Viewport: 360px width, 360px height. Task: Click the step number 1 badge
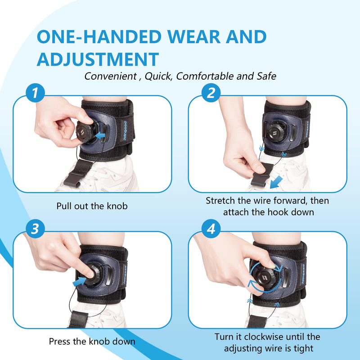click(x=38, y=94)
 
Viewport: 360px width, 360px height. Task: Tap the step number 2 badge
click(x=211, y=94)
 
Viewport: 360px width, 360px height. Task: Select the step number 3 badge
click(x=38, y=229)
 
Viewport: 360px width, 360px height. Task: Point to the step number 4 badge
click(x=211, y=229)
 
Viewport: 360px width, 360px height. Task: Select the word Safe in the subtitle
click(x=265, y=76)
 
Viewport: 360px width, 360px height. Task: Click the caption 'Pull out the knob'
click(x=92, y=206)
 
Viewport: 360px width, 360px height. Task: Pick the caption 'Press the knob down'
click(x=92, y=341)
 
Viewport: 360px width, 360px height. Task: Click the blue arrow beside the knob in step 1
click(x=101, y=134)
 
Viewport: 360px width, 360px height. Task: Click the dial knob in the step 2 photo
click(x=274, y=134)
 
